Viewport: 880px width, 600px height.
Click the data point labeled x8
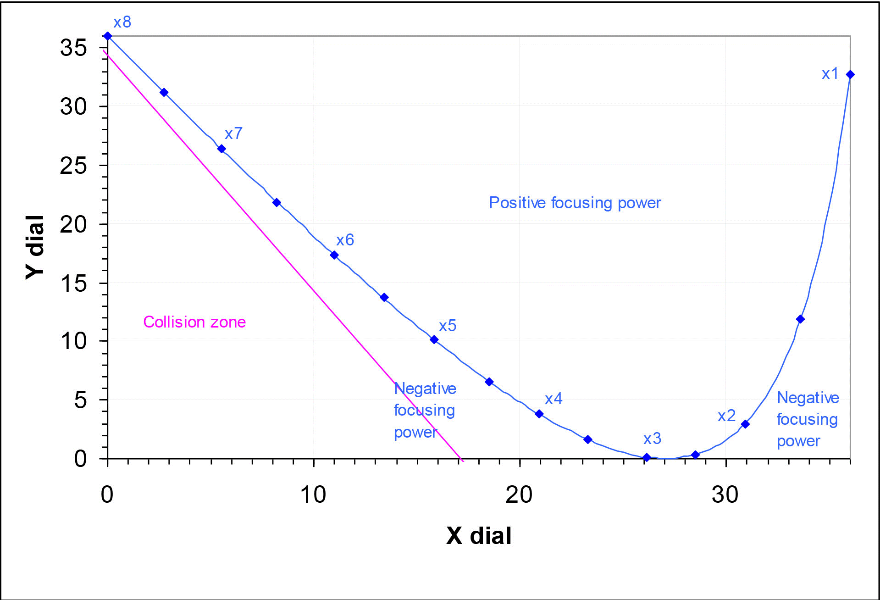click(x=108, y=36)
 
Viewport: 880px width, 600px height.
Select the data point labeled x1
click(x=850, y=74)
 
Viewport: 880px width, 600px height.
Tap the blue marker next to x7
click(x=221, y=149)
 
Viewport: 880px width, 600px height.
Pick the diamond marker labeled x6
click(x=334, y=255)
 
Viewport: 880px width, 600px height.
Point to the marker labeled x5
click(x=434, y=339)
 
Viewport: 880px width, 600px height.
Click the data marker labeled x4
click(x=539, y=414)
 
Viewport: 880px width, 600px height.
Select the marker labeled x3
click(x=647, y=457)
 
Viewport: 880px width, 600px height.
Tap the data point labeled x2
click(x=745, y=424)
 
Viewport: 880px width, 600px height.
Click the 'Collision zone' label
click(x=194, y=322)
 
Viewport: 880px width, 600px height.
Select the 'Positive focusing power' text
click(x=575, y=203)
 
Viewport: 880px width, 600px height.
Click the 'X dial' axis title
click(x=479, y=535)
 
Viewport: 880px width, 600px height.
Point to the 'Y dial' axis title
click(x=35, y=247)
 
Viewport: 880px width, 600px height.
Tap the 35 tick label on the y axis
click(x=73, y=48)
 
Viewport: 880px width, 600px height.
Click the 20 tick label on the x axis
click(x=519, y=494)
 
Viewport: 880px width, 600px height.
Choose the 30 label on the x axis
click(x=725, y=494)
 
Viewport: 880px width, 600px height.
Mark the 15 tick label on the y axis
click(x=73, y=283)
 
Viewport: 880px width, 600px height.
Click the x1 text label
click(x=830, y=73)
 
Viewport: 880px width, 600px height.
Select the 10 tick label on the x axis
click(x=313, y=494)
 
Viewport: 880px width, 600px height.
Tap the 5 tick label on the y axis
click(x=80, y=400)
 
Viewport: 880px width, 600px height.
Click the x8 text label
click(x=122, y=22)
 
